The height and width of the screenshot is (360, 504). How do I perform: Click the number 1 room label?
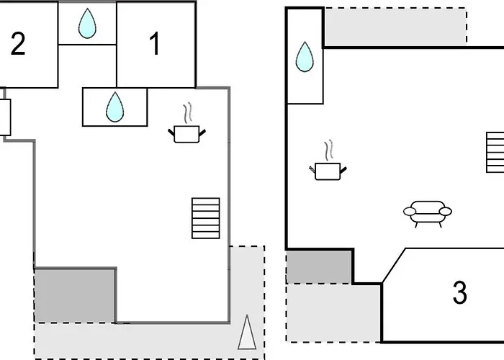[155, 45]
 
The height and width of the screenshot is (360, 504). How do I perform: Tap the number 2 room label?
[18, 45]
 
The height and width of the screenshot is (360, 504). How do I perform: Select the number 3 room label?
[459, 293]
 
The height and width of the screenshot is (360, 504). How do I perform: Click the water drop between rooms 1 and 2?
[87, 23]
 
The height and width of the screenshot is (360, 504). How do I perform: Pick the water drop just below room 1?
[115, 107]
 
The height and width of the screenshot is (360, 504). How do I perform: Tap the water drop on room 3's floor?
[305, 58]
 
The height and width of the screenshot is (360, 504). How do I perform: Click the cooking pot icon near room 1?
[186, 133]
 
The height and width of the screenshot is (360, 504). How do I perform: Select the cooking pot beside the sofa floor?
[328, 171]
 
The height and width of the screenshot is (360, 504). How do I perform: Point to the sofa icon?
[427, 214]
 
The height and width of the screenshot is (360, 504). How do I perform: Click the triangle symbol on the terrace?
[246, 333]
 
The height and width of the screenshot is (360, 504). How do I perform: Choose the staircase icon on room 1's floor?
[205, 217]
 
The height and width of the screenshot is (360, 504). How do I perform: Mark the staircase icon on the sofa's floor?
[495, 152]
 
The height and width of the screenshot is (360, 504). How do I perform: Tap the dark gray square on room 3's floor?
[319, 266]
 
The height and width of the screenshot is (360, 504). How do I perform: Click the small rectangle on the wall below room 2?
[4, 117]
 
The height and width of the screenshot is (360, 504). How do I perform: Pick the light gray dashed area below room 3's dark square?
[331, 313]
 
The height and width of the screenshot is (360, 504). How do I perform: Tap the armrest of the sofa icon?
[410, 212]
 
